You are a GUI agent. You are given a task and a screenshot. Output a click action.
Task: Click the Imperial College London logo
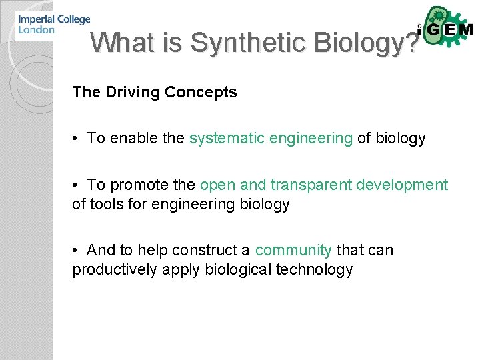tap(53, 25)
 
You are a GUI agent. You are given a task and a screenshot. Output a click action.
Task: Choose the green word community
tap(293, 250)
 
